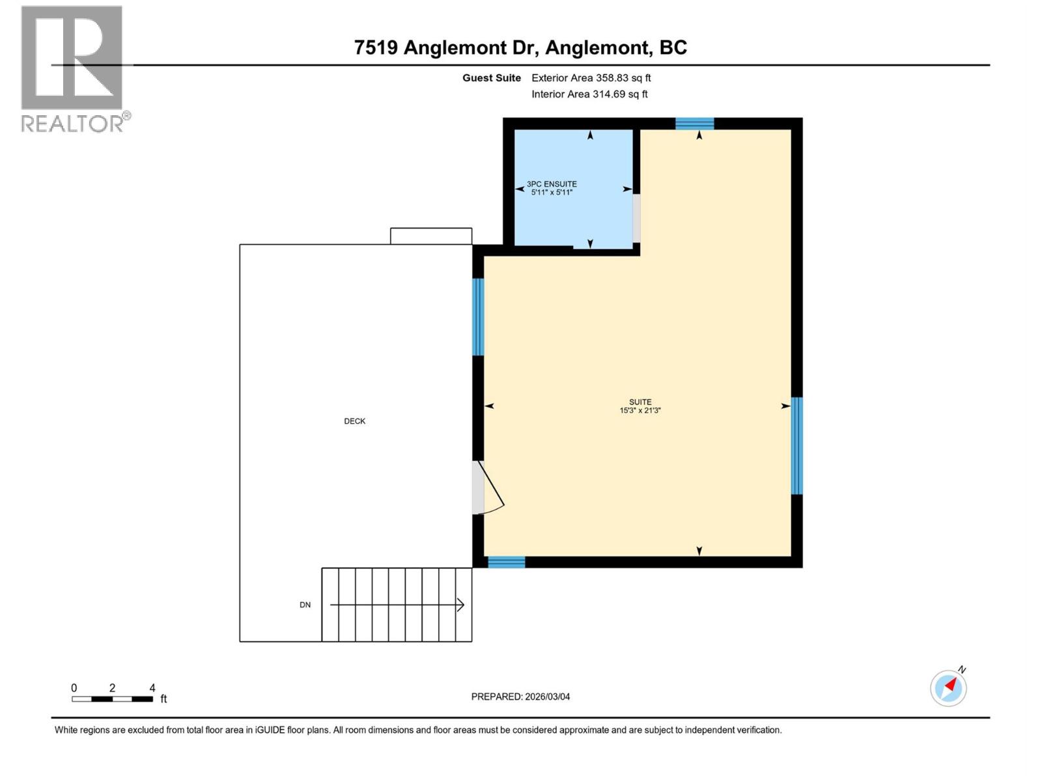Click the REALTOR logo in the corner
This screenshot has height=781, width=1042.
72,68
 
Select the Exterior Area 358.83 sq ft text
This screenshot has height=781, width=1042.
591,78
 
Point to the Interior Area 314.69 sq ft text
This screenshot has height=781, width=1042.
589,94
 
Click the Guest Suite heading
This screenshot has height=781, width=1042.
492,78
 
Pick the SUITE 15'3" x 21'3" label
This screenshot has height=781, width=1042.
640,406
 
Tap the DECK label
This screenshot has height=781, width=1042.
355,421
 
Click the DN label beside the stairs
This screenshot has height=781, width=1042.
305,605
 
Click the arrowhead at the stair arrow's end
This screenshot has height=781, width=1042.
461,605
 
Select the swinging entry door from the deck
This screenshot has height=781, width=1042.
485,488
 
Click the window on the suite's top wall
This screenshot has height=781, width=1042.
694,124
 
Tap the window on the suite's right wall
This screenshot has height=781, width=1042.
796,446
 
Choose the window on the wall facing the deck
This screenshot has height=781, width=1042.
478,317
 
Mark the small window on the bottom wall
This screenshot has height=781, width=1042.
507,562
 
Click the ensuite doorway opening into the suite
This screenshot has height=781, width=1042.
636,218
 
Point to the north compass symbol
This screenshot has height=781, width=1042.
948,687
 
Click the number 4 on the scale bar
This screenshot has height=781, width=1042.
152,688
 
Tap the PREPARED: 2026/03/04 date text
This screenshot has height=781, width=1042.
520,696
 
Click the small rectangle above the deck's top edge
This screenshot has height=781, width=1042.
431,236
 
